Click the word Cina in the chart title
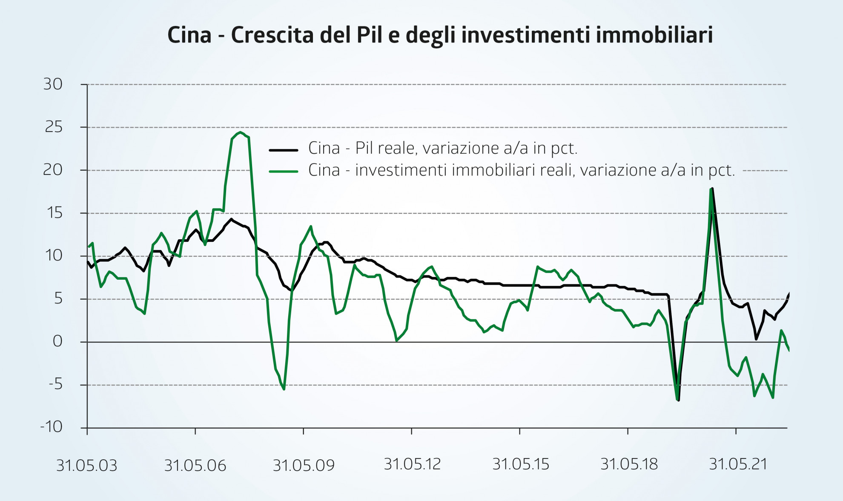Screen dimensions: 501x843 pos(189,35)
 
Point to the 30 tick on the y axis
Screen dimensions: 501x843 pos(53,84)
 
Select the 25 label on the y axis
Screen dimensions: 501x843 pos(54,127)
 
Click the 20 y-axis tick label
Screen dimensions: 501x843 pos(53,170)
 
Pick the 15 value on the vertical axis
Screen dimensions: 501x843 pos(54,213)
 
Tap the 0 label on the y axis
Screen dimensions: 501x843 pos(57,341)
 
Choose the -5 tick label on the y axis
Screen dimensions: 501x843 pos(55,384)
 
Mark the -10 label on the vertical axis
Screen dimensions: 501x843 pos(52,427)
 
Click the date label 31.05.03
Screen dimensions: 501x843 pos(87,466)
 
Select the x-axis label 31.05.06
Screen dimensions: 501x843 pos(195,466)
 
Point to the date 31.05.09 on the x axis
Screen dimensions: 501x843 pos(304,466)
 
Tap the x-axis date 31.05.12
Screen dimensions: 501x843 pos(412,464)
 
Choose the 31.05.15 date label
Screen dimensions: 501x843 pos(521,464)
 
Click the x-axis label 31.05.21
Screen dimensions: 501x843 pos(738,464)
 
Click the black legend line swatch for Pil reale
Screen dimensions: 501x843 pos(284,150)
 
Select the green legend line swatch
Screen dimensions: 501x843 pos(284,172)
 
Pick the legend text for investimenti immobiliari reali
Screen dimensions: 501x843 pos(522,170)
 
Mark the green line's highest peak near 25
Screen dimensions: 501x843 pos(241,132)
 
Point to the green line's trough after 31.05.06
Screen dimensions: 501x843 pos(284,389)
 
